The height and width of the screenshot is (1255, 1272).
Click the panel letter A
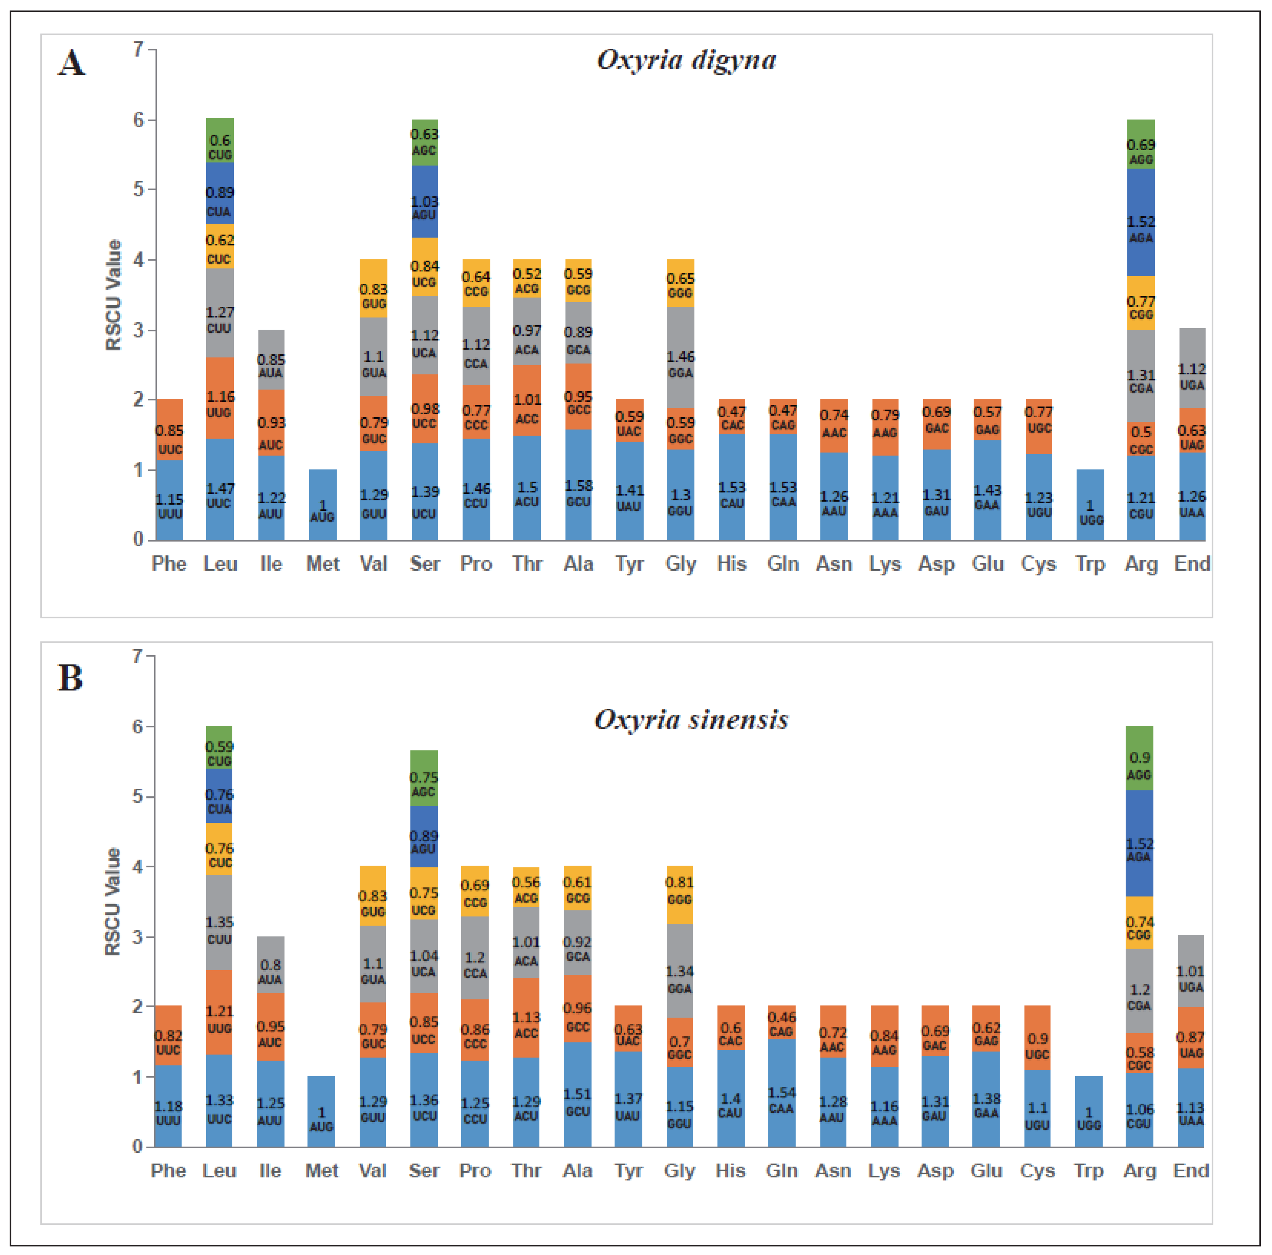(x=72, y=64)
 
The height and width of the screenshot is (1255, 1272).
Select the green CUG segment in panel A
(x=220, y=140)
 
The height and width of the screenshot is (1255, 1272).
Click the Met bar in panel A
(x=323, y=505)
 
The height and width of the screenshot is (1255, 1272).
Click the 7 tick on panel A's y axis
(x=138, y=49)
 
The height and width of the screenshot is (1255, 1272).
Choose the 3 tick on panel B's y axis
(x=138, y=937)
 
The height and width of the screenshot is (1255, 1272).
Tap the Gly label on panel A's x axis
(x=680, y=564)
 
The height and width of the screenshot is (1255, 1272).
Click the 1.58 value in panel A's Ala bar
(x=578, y=486)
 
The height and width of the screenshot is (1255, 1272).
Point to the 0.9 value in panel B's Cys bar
(x=1037, y=1038)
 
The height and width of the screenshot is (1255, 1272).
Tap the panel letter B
(x=71, y=678)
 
